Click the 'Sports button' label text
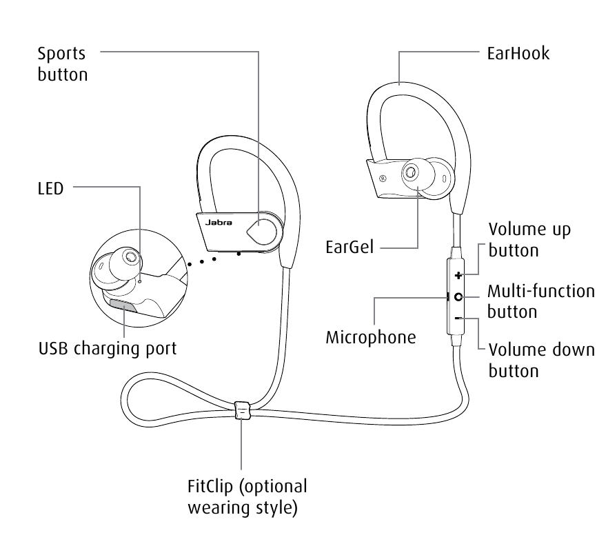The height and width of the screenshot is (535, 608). coord(63,63)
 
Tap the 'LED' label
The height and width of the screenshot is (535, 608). coord(50,188)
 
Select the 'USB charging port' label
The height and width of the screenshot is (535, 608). coord(108,349)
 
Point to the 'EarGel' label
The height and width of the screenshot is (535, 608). coord(349,246)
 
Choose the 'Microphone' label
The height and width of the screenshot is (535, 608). coord(371,337)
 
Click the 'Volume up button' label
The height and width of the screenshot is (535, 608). coord(529,239)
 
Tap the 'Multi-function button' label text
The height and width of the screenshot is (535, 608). coord(540,301)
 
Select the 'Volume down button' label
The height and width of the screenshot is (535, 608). coord(541,359)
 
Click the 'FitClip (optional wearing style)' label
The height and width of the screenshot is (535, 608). coord(247,497)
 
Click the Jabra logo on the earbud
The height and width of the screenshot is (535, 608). coord(219,223)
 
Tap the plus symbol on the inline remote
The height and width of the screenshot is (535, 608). coord(458,275)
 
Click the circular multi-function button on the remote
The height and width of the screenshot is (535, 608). coord(458,296)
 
